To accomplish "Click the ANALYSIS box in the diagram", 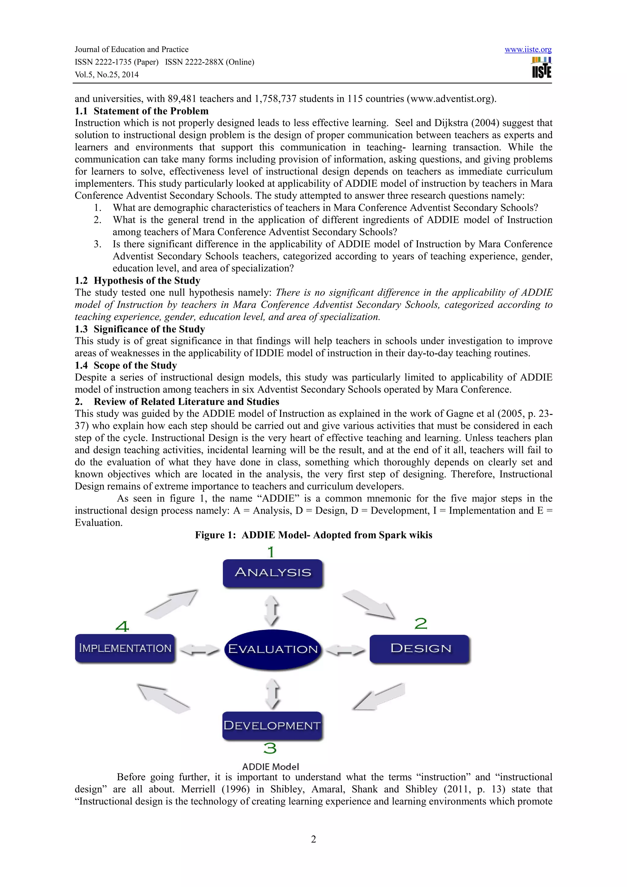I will coord(273,573).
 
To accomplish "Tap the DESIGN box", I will coord(420,649).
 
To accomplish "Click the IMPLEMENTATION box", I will coord(125,648).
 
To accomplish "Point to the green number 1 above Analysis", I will coord(271,552).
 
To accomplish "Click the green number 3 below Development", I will coord(270,748).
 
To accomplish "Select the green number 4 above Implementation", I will coord(122,626).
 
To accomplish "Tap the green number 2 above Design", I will coord(421,623).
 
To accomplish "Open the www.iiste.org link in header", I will coord(528,50).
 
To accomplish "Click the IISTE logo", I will coord(541,68).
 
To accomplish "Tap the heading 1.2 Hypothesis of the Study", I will coord(137,280).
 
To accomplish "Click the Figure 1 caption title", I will coord(313,535).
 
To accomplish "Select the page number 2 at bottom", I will coord(313,839).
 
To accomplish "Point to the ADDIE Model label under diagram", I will coord(270,766).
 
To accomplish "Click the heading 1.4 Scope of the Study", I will coord(126,365).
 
